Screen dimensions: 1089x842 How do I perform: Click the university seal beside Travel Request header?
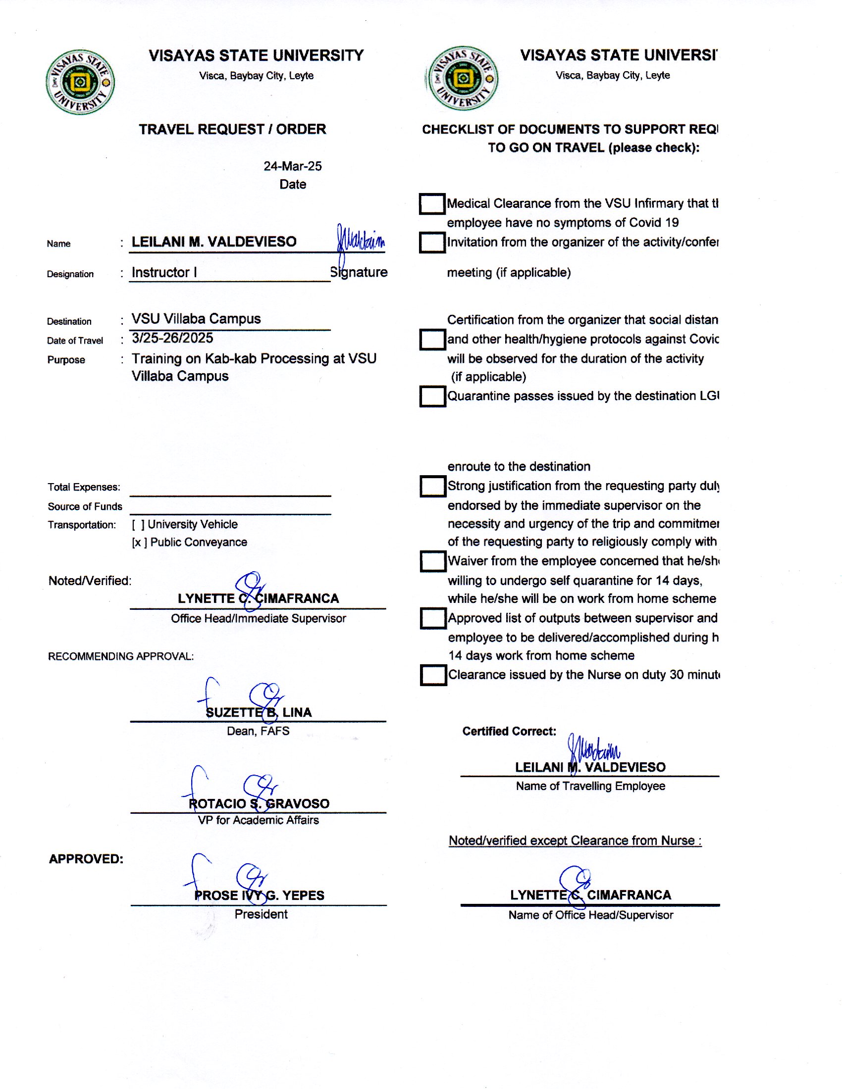pyautogui.click(x=80, y=82)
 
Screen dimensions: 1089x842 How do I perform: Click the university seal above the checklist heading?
pyautogui.click(x=463, y=78)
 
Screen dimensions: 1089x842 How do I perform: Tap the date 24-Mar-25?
pyautogui.click(x=292, y=166)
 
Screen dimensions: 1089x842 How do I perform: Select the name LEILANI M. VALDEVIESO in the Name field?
pyautogui.click(x=214, y=242)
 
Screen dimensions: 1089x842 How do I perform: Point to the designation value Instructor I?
pyautogui.click(x=164, y=272)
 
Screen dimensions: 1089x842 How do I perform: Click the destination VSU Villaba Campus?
pyautogui.click(x=196, y=319)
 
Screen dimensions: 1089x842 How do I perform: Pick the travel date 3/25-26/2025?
pyautogui.click(x=172, y=338)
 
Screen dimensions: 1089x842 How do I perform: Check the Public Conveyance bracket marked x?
pyautogui.click(x=139, y=543)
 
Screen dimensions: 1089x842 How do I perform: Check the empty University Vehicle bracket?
pyautogui.click(x=138, y=525)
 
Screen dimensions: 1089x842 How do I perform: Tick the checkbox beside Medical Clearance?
pyautogui.click(x=432, y=204)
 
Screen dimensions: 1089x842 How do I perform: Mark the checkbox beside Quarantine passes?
pyautogui.click(x=432, y=396)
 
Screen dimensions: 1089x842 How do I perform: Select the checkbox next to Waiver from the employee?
pyautogui.click(x=432, y=561)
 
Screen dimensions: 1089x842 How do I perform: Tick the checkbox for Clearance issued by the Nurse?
pyautogui.click(x=433, y=675)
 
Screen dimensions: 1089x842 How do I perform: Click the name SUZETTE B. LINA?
pyautogui.click(x=259, y=712)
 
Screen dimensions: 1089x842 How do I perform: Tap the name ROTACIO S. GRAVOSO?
pyautogui.click(x=259, y=804)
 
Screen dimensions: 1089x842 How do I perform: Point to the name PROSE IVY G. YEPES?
pyautogui.click(x=259, y=895)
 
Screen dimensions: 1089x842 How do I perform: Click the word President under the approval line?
pyautogui.click(x=261, y=914)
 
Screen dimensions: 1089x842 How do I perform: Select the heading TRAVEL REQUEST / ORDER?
pyautogui.click(x=232, y=129)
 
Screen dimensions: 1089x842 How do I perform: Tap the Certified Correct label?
pyautogui.click(x=509, y=732)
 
